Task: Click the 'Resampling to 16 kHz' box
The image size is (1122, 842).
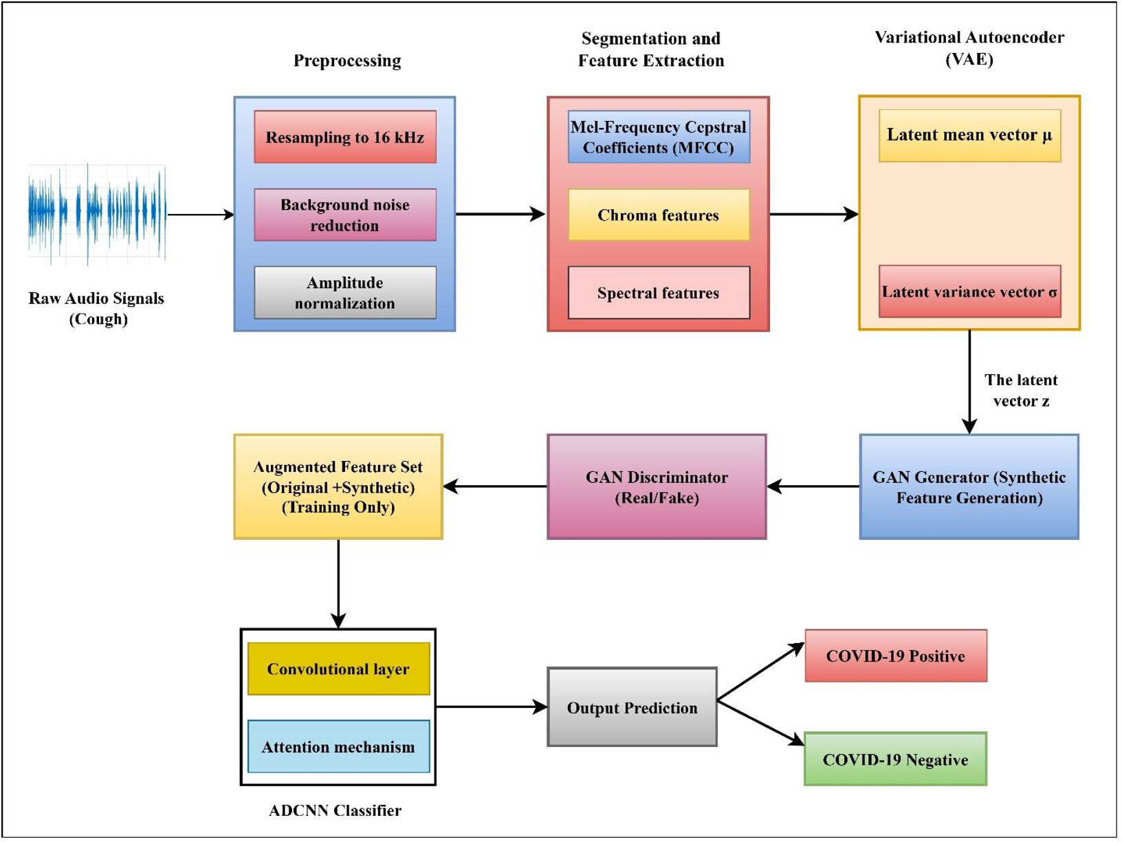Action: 346,137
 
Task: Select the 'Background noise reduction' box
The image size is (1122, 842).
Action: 346,215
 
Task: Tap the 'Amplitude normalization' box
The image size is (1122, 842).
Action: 346,293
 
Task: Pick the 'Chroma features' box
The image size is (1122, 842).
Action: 659,215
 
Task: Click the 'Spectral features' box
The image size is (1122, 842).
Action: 659,293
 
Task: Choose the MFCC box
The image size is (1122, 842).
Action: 659,137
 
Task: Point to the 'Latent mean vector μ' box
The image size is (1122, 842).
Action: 969,136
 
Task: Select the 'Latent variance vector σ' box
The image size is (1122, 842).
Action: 969,292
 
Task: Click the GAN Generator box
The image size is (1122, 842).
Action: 969,486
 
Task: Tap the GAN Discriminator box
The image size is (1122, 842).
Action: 657,486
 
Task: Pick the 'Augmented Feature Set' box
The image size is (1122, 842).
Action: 338,486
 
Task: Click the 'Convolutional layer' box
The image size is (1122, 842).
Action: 338,669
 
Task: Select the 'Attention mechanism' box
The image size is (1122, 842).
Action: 338,746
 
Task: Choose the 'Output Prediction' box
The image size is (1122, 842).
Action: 632,707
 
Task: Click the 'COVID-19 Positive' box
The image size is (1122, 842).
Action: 896,656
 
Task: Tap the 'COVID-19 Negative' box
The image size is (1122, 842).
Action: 896,759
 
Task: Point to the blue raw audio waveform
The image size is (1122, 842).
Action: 97,215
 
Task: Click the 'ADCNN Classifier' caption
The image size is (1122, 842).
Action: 335,810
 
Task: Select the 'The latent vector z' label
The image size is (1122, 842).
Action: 1021,391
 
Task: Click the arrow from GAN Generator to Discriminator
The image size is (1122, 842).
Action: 813,486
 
